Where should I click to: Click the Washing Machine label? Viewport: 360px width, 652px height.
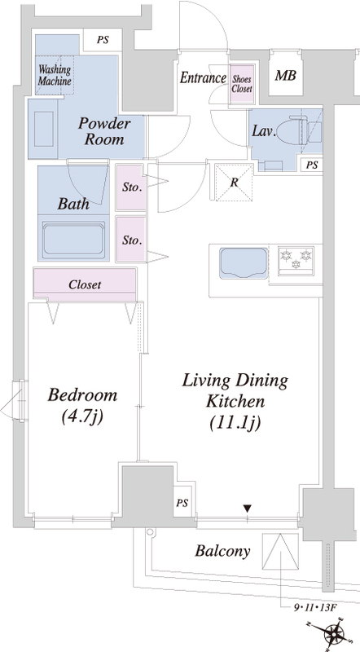click(55, 75)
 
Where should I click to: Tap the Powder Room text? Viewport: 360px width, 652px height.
click(104, 131)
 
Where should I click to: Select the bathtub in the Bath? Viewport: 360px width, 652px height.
click(73, 240)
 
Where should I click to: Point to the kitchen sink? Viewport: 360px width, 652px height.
click(244, 263)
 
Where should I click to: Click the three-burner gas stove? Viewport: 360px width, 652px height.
click(296, 261)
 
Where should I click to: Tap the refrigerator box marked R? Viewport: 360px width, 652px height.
click(234, 183)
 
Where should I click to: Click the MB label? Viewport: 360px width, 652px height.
click(286, 76)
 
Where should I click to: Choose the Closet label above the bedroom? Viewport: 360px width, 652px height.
click(85, 284)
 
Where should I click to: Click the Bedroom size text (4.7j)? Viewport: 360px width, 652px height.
click(82, 417)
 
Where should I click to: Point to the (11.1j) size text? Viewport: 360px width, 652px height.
click(235, 423)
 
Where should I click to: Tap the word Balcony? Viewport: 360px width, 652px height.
click(223, 552)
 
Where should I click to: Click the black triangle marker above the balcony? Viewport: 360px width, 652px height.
click(248, 508)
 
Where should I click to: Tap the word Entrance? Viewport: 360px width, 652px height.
click(203, 77)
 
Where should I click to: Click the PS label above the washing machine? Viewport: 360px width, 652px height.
click(103, 40)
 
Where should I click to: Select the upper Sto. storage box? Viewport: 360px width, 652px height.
click(131, 187)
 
